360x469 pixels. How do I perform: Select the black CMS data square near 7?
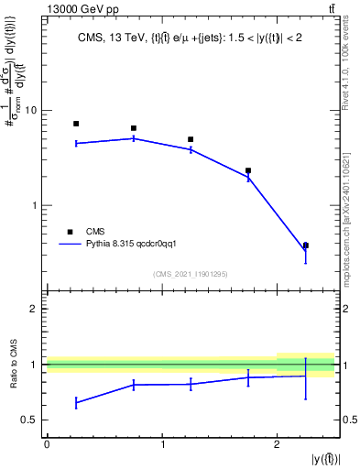tap(76, 124)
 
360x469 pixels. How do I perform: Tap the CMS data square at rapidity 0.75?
tap(134, 128)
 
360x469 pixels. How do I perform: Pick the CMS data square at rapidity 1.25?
tap(191, 139)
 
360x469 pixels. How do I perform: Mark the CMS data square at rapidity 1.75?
tap(248, 170)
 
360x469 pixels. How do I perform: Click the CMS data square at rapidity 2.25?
tap(306, 245)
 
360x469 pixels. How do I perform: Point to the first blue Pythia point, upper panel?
tap(76, 143)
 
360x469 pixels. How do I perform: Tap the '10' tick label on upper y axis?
tap(29, 111)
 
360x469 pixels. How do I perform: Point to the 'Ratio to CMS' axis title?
tap(13, 366)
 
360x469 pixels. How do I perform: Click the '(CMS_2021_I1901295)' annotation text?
tap(191, 274)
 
